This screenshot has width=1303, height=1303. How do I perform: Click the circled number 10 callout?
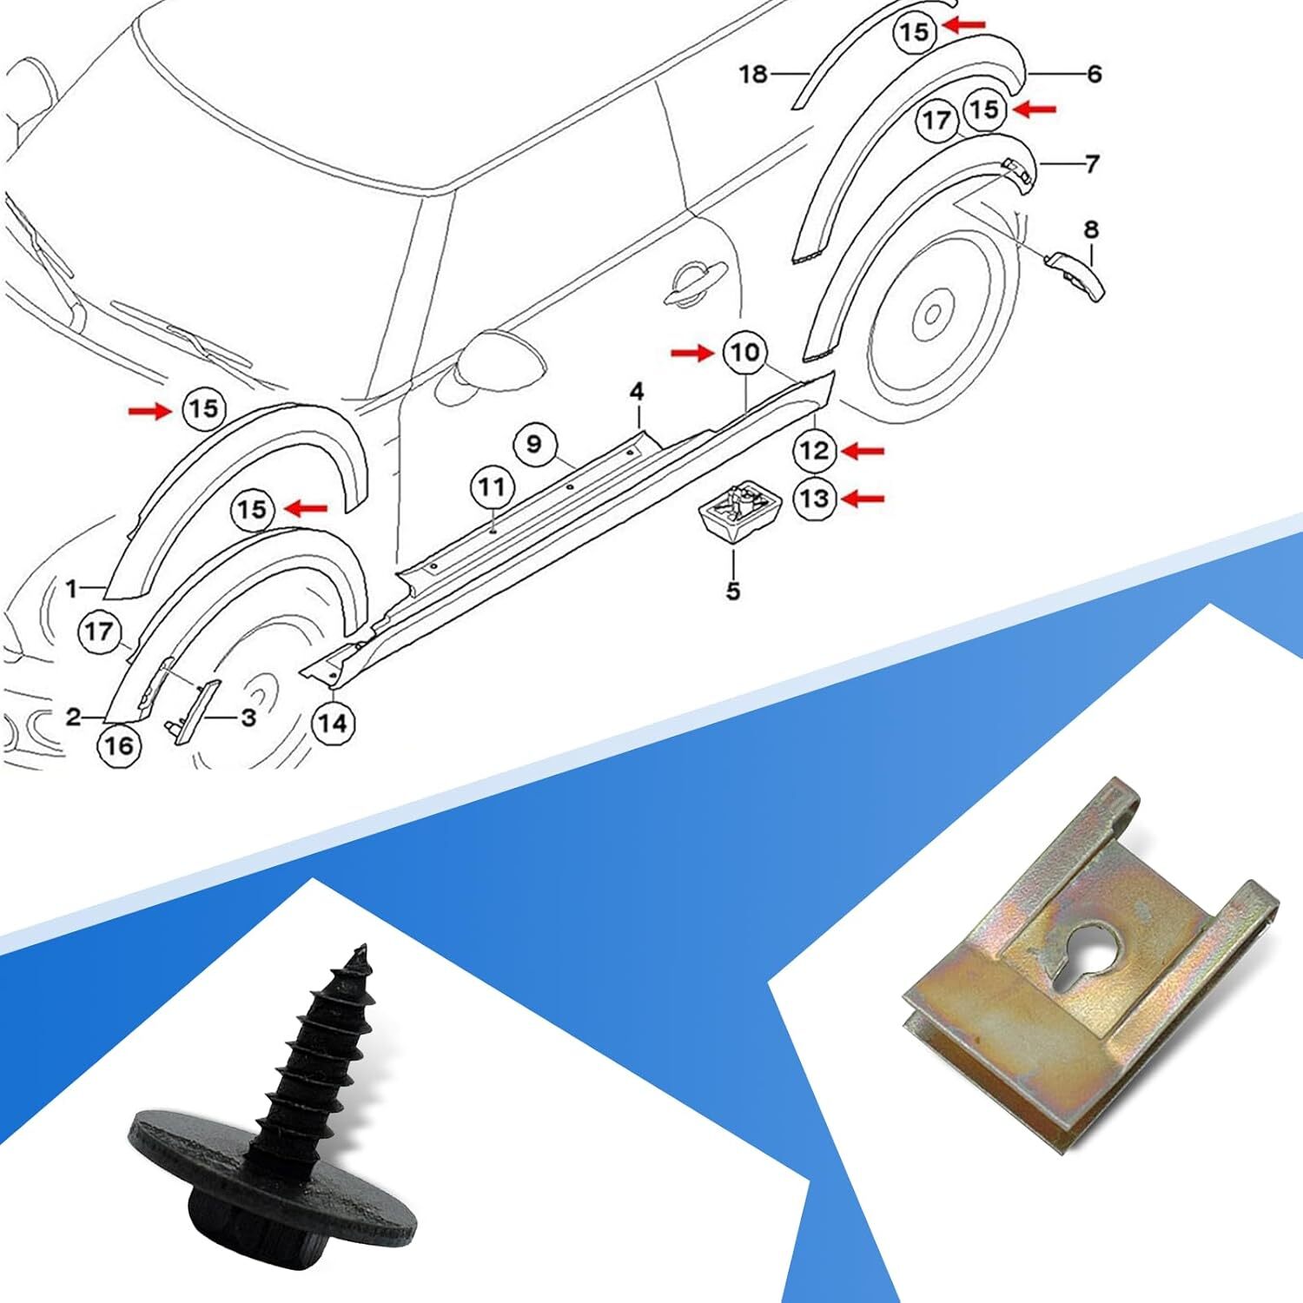click(744, 353)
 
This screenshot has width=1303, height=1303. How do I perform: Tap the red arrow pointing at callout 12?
click(863, 450)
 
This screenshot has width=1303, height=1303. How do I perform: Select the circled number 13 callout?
click(814, 499)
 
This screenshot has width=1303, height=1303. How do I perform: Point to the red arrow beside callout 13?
click(863, 498)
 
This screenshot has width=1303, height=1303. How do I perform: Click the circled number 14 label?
click(333, 723)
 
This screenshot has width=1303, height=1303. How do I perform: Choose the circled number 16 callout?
click(119, 745)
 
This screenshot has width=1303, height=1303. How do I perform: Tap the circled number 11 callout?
click(492, 486)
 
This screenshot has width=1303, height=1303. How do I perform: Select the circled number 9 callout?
click(533, 444)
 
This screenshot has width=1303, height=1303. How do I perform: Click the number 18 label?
click(753, 75)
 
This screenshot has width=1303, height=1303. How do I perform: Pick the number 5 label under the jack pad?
click(733, 592)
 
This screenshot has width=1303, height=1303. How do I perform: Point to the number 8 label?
click(1091, 230)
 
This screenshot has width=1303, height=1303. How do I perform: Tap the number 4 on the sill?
click(637, 392)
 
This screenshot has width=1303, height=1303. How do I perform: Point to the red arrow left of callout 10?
click(692, 353)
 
